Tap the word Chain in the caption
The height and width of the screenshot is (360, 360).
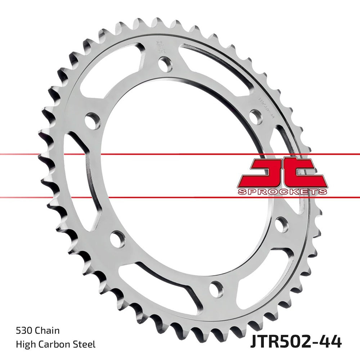coord(48,330)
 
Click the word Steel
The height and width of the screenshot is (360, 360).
coord(85,345)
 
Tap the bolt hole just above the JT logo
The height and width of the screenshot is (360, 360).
coord(256,116)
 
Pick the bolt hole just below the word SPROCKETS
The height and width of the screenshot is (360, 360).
coord(281,224)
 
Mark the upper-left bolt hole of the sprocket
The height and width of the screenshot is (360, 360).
coord(93,121)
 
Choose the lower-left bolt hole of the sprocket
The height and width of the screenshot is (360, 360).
coord(117,239)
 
